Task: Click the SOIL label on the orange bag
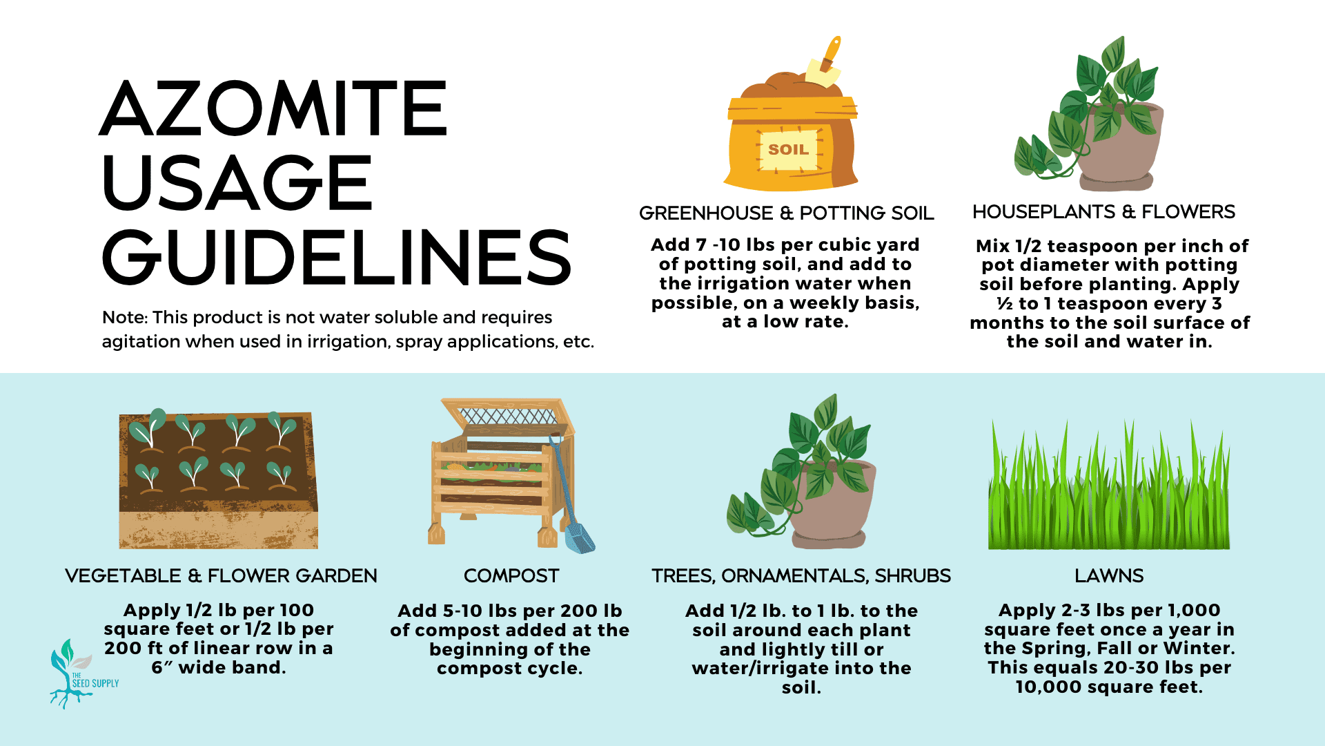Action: coord(788,149)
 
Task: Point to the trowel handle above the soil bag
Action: coord(831,52)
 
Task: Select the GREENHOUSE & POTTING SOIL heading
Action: coord(786,213)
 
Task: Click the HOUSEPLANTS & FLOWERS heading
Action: coord(1103,211)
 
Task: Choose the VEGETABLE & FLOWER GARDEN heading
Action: coord(221,575)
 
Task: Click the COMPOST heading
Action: coord(511,575)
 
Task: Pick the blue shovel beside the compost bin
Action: coord(572,497)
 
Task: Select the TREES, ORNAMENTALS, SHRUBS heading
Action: coord(801,575)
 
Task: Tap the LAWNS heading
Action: coord(1109,575)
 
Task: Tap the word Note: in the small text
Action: coord(125,317)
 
